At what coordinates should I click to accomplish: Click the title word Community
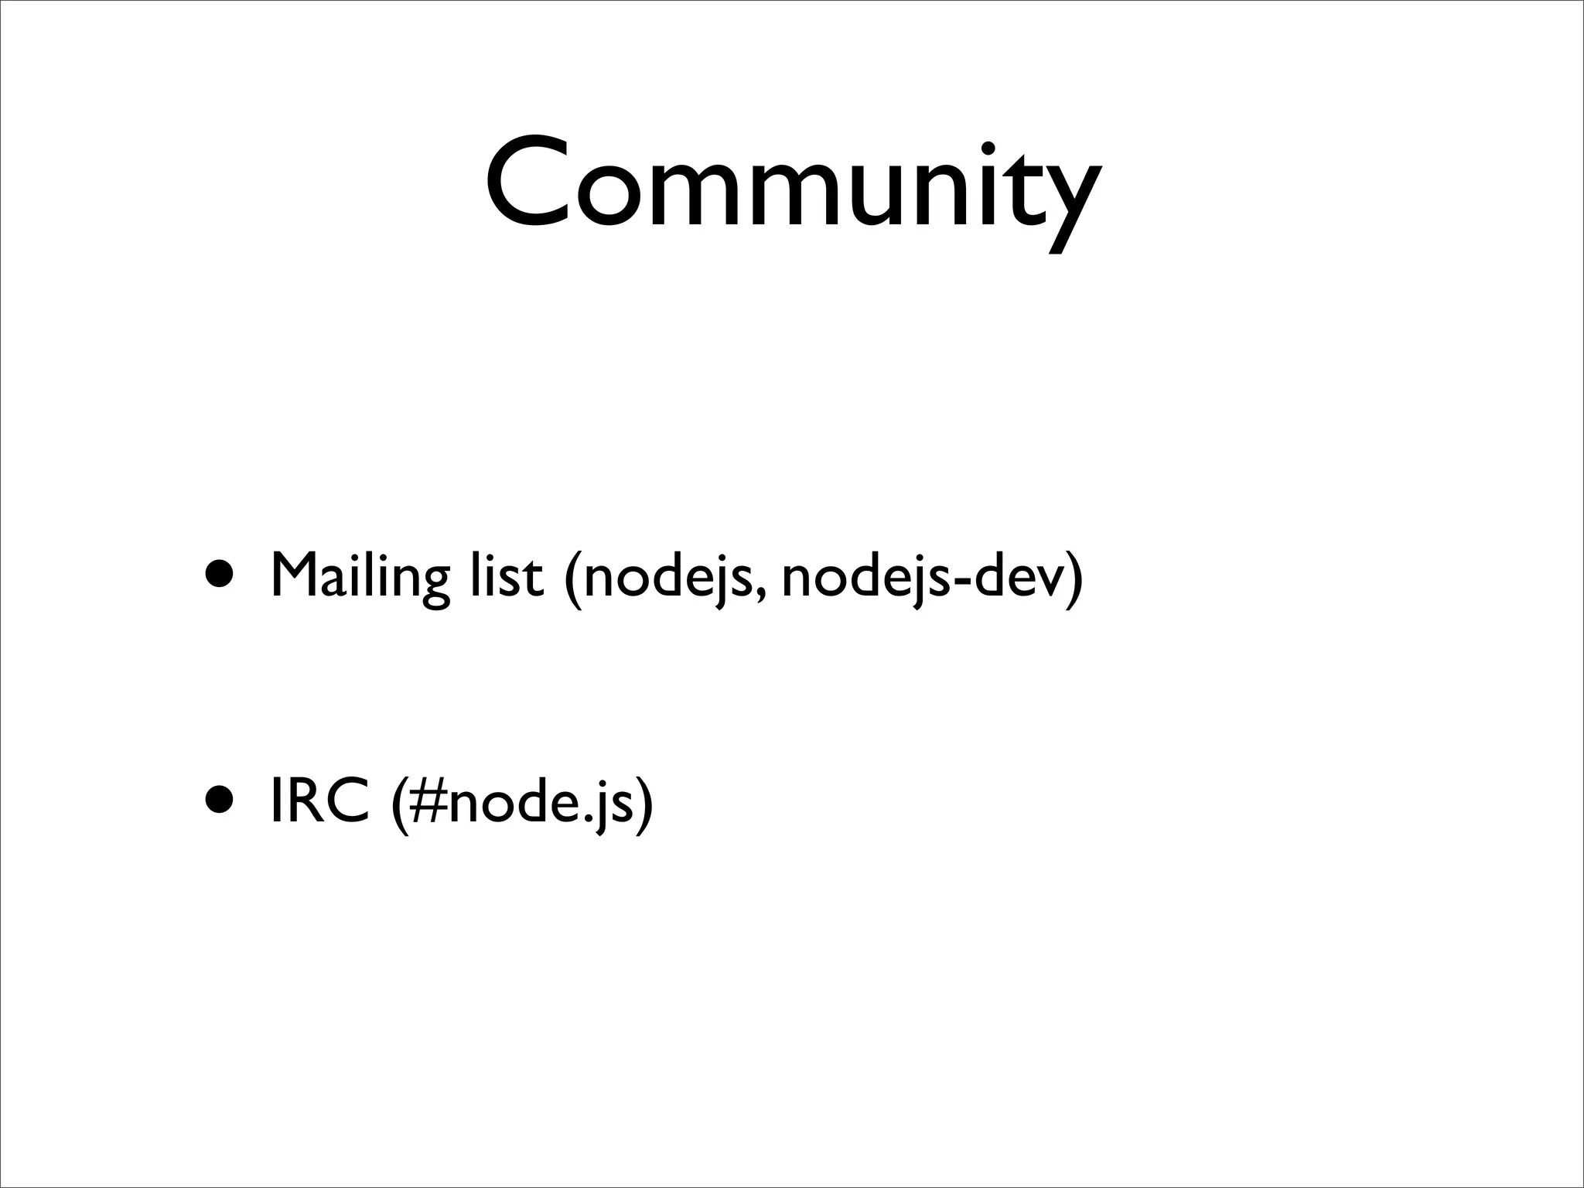pos(792,186)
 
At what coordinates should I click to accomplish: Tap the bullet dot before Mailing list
pos(220,576)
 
